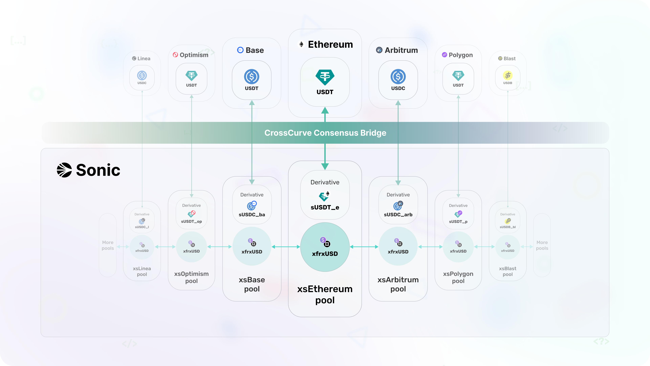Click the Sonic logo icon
[64, 170]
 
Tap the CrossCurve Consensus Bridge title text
[325, 133]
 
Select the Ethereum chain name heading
[330, 44]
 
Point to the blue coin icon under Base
[252, 77]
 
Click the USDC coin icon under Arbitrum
[398, 77]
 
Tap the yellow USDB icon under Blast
[507, 75]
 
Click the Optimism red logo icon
[175, 55]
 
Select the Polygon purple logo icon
[444, 55]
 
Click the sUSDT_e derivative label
[325, 207]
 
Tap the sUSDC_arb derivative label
[398, 215]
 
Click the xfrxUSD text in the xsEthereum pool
[325, 254]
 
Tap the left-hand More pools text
[108, 245]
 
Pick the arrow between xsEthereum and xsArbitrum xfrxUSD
[364, 247]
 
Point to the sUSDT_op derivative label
[191, 221]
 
